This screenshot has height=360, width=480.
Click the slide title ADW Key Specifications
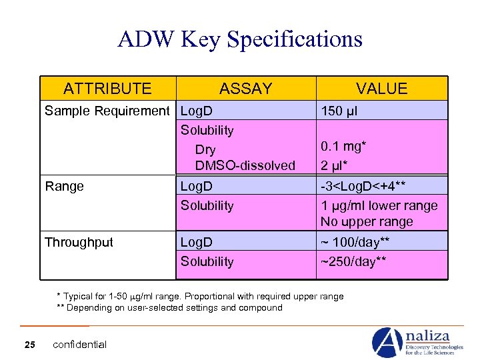(240, 39)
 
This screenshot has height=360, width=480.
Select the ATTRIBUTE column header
(107, 89)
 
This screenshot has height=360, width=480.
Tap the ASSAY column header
(245, 89)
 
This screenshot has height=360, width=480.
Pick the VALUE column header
(381, 89)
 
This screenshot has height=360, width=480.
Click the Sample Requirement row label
(107, 111)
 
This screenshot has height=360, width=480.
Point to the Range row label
(65, 187)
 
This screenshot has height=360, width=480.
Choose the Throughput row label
(79, 242)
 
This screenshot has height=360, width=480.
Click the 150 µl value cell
(339, 111)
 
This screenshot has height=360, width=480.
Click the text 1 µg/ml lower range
(379, 205)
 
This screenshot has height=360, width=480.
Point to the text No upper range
(367, 222)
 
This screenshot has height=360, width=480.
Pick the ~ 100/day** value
(355, 242)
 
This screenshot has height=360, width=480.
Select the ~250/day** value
(353, 261)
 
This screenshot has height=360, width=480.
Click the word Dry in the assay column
(205, 149)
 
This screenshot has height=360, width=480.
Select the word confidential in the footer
(79, 344)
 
